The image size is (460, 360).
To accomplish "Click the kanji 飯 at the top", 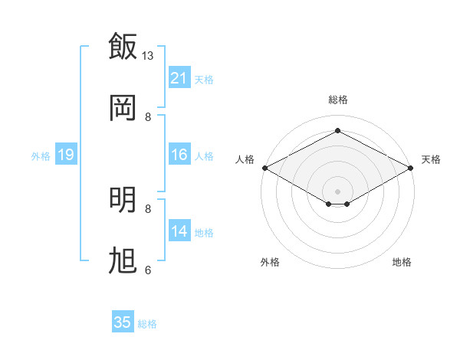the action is pyautogui.click(x=123, y=46).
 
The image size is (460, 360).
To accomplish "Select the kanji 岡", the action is pyautogui.click(x=123, y=108).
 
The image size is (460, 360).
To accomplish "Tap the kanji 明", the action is pyautogui.click(x=123, y=200).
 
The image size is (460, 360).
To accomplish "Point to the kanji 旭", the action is pyautogui.click(x=123, y=260).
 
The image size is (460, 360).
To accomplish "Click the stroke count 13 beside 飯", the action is pyautogui.click(x=147, y=56).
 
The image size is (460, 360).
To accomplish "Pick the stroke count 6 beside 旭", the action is pyautogui.click(x=148, y=270).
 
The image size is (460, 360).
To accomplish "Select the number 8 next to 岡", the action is pyautogui.click(x=148, y=117).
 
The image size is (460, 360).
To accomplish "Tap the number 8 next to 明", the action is pyautogui.click(x=148, y=209).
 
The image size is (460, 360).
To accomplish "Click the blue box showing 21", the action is pyautogui.click(x=179, y=77).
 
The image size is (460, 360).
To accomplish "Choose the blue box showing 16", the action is pyautogui.click(x=179, y=154).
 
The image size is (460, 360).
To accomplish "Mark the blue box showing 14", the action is pyautogui.click(x=179, y=230).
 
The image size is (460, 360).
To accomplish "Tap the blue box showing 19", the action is pyautogui.click(x=66, y=154).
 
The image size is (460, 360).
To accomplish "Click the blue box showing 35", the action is pyautogui.click(x=123, y=321).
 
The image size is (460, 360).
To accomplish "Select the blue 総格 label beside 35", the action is pyautogui.click(x=147, y=324).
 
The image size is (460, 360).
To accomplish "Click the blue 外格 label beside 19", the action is pyautogui.click(x=41, y=156).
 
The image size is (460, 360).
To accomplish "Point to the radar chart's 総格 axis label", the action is pyautogui.click(x=338, y=100).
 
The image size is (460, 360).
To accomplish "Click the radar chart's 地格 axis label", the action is pyautogui.click(x=402, y=262).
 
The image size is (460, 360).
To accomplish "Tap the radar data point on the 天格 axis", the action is pyautogui.click(x=411, y=168).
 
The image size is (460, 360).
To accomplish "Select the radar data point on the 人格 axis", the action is pyautogui.click(x=265, y=168).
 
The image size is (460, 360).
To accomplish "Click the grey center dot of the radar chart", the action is pyautogui.click(x=337, y=191).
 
